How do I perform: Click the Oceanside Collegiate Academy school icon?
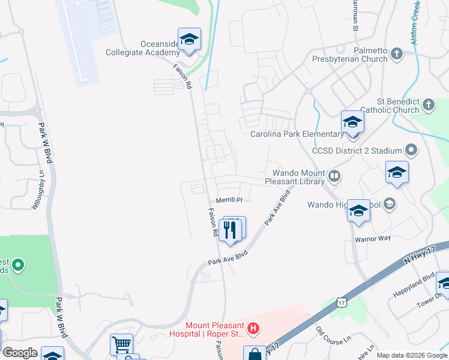pyautogui.click(x=189, y=40)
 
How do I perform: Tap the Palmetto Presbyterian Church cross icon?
pyautogui.click(x=396, y=55)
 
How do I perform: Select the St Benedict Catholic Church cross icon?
pyautogui.click(x=428, y=106)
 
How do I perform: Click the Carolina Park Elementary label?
pyautogui.click(x=295, y=134)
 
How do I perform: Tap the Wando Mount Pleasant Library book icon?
pyautogui.click(x=334, y=177)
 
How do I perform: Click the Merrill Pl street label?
pyautogui.click(x=229, y=200)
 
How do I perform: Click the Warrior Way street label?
pyautogui.click(x=372, y=238)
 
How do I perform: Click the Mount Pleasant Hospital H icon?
pyautogui.click(x=253, y=329)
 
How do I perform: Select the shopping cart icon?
pyautogui.click(x=121, y=345)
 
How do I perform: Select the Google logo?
pyautogui.click(x=20, y=353)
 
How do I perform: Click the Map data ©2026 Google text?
pyautogui.click(x=411, y=355)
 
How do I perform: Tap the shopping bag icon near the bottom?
pyautogui.click(x=254, y=354)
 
